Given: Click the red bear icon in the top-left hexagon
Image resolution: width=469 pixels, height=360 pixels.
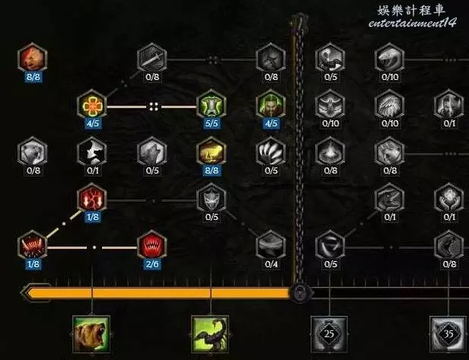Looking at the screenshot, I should [x=33, y=57].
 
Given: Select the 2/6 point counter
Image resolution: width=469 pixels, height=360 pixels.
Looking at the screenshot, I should [x=151, y=264].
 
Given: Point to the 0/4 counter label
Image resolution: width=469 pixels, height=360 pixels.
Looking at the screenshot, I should [x=272, y=264].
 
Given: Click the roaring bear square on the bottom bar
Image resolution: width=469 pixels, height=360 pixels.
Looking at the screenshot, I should [x=91, y=335].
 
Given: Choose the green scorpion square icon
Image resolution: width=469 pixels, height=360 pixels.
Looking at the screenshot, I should [x=212, y=335].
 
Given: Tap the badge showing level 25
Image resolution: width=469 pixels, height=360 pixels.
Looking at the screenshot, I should [x=330, y=333].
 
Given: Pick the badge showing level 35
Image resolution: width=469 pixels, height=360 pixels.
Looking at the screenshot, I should [x=448, y=333].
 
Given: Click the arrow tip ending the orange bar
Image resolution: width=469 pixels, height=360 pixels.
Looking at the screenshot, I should [x=28, y=293].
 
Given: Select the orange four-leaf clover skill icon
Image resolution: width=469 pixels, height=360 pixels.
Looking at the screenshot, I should [x=92, y=104].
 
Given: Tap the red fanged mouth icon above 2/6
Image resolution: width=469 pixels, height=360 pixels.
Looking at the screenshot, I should [x=151, y=245].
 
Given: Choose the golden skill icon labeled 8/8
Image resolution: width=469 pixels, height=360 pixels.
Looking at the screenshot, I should [x=211, y=151].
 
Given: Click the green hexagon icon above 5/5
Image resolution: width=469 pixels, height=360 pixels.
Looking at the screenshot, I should [x=212, y=104].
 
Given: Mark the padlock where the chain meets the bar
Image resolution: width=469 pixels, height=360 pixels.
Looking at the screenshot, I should [x=300, y=292].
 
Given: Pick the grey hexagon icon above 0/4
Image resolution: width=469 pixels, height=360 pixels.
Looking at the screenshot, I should [x=272, y=245].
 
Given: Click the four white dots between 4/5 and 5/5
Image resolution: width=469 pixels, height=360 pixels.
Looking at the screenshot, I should [x=152, y=106].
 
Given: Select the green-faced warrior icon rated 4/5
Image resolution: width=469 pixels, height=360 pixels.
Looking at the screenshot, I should [x=271, y=104].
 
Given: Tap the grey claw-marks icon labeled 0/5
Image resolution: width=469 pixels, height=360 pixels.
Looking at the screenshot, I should [x=271, y=151].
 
